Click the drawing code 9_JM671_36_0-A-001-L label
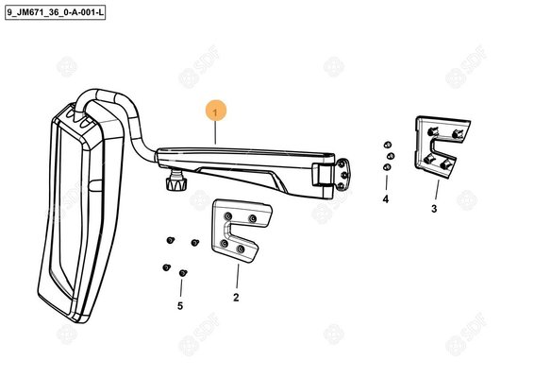(x=55, y=13)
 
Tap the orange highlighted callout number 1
(x=215, y=111)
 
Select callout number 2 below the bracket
(x=236, y=298)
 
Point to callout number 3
(x=434, y=209)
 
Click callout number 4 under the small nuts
(x=386, y=198)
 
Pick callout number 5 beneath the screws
(x=180, y=305)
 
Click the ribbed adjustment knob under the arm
(x=176, y=182)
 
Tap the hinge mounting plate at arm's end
(x=342, y=174)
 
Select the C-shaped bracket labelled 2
(x=239, y=231)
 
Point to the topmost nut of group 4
(x=387, y=145)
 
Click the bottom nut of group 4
(x=387, y=167)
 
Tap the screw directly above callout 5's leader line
(x=183, y=273)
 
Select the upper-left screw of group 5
(x=171, y=241)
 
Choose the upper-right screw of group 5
(x=194, y=243)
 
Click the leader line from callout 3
(x=437, y=189)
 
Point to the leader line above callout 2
(x=238, y=276)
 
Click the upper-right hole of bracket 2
(x=252, y=218)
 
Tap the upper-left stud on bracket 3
(x=433, y=130)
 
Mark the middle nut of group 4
(x=391, y=156)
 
